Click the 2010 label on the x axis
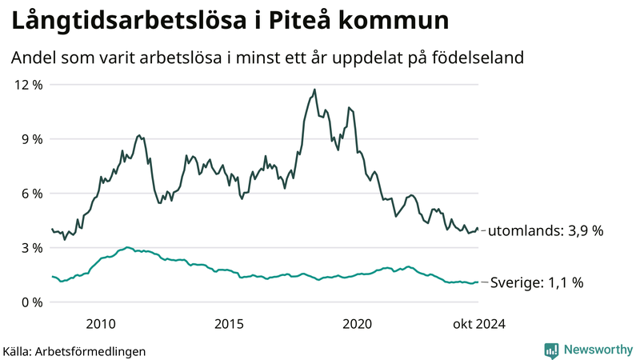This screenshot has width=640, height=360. click(101, 324)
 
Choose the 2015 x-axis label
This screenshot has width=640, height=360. click(229, 324)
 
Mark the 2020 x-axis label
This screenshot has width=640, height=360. click(357, 324)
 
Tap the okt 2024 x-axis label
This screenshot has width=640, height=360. click(479, 324)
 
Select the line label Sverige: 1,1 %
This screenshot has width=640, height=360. click(536, 282)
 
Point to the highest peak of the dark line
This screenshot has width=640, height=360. click(314, 90)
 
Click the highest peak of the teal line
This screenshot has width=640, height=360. click(127, 247)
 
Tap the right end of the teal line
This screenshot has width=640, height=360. click(478, 282)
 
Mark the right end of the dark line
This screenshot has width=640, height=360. click(478, 230)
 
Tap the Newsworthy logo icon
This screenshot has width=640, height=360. click(551, 350)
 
